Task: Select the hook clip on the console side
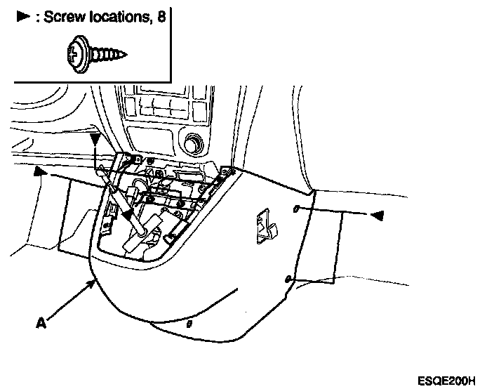coord(265,226)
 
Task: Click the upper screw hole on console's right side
coord(295,209)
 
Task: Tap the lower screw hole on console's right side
coord(289,279)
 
